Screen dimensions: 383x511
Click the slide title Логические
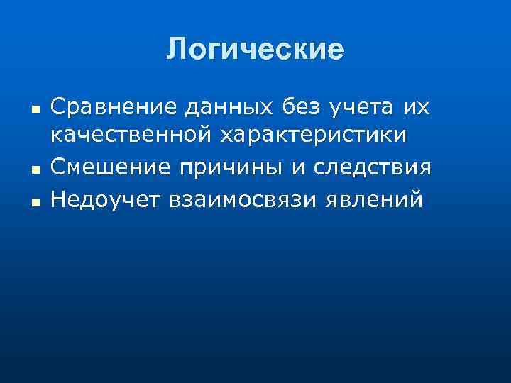point(255,50)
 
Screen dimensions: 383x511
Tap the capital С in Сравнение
point(59,108)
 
